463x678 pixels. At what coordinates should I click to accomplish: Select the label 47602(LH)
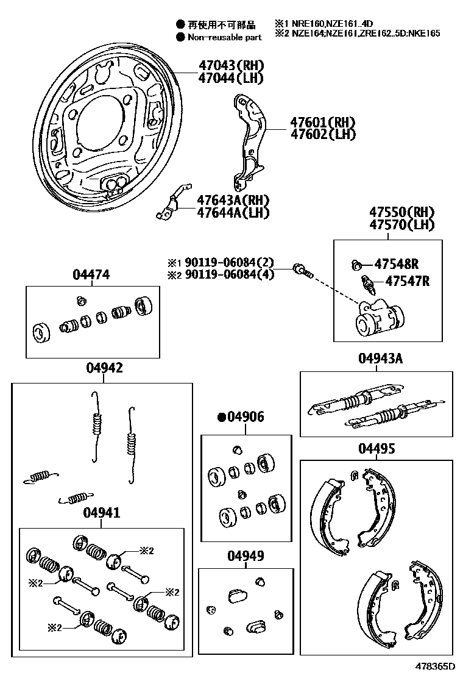pos(323,134)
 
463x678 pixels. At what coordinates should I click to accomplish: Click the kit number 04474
pos(91,275)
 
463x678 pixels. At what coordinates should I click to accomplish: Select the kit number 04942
pos(104,368)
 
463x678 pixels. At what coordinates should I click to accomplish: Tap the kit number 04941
pos(101,513)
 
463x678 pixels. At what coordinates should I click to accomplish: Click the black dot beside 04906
pos(222,417)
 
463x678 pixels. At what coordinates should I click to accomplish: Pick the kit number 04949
pos(246,556)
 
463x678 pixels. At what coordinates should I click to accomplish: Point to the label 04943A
pos(380,358)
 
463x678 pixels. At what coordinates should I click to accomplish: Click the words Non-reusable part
pos(224,37)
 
